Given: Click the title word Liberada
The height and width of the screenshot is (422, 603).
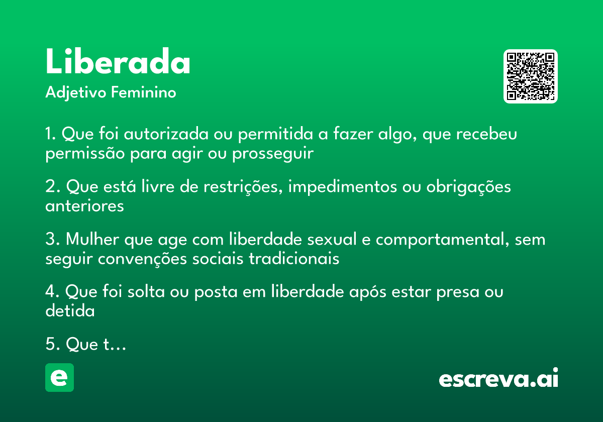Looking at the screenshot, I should click(x=118, y=62).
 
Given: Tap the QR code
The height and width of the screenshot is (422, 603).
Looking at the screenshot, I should click(x=530, y=76).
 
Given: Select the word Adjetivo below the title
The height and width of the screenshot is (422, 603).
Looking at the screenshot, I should click(x=76, y=93).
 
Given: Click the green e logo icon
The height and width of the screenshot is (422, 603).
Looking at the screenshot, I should click(x=59, y=378).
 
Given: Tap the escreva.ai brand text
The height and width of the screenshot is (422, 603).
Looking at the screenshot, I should click(x=498, y=379).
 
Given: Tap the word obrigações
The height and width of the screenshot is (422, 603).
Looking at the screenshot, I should click(x=468, y=187).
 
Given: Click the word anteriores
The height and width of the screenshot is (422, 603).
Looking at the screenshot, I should click(x=84, y=206).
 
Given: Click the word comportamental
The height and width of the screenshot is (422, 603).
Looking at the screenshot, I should click(x=439, y=240).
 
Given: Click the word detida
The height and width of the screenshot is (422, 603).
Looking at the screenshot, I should click(x=70, y=311).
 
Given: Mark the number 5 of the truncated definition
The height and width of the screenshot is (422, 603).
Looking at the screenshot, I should click(x=50, y=345).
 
